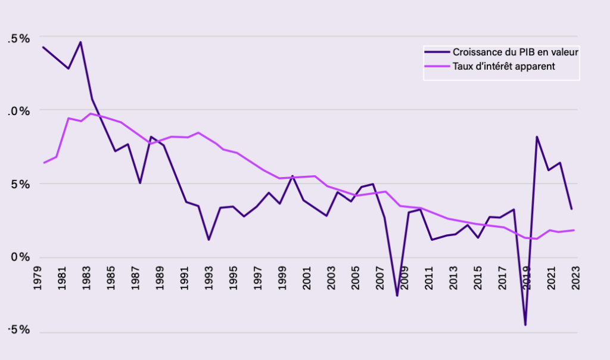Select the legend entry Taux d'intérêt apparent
pos(504,66)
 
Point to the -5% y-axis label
pos(18,331)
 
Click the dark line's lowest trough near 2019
pos(525,325)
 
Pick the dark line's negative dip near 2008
pos(397,296)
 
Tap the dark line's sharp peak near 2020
pos(537,136)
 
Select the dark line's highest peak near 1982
pos(80,42)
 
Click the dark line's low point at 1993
pos(209,240)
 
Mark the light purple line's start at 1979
pos(43,163)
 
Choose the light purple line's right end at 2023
pos(574,230)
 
